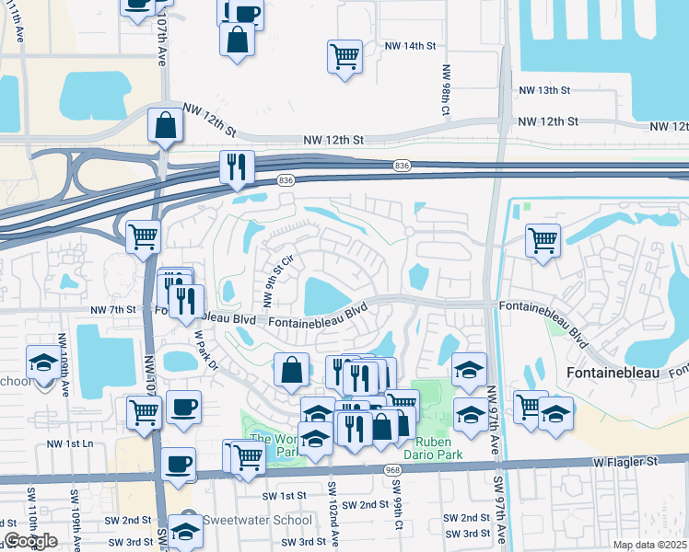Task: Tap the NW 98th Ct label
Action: pyautogui.click(x=446, y=89)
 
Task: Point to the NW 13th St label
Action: pyautogui.click(x=545, y=90)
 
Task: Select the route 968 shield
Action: pyautogui.click(x=392, y=469)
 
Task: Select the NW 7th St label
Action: pyautogui.click(x=113, y=310)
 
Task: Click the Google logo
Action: pyautogui.click(x=30, y=541)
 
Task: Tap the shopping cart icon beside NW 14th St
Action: pyautogui.click(x=344, y=57)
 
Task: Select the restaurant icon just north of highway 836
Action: pyautogui.click(x=237, y=167)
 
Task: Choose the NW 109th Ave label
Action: pyautogui.click(x=63, y=364)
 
